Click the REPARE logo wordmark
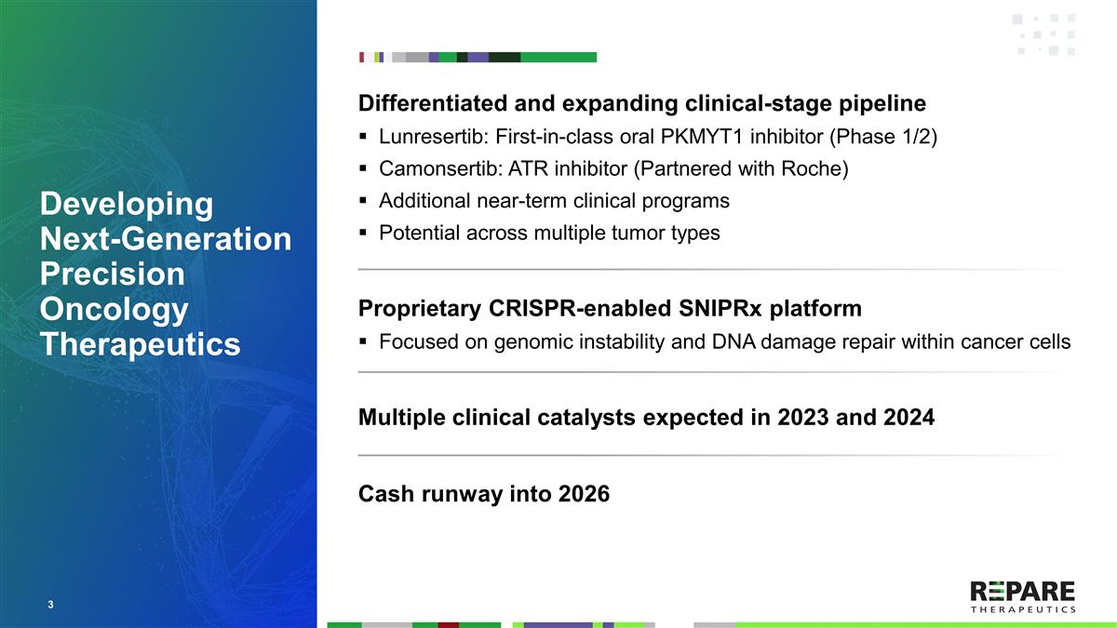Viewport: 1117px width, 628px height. tap(1022, 591)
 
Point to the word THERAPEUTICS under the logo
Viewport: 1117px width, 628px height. tap(1022, 610)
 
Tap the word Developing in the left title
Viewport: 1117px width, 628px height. tap(126, 204)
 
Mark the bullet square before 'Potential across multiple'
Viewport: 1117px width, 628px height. tap(364, 234)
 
